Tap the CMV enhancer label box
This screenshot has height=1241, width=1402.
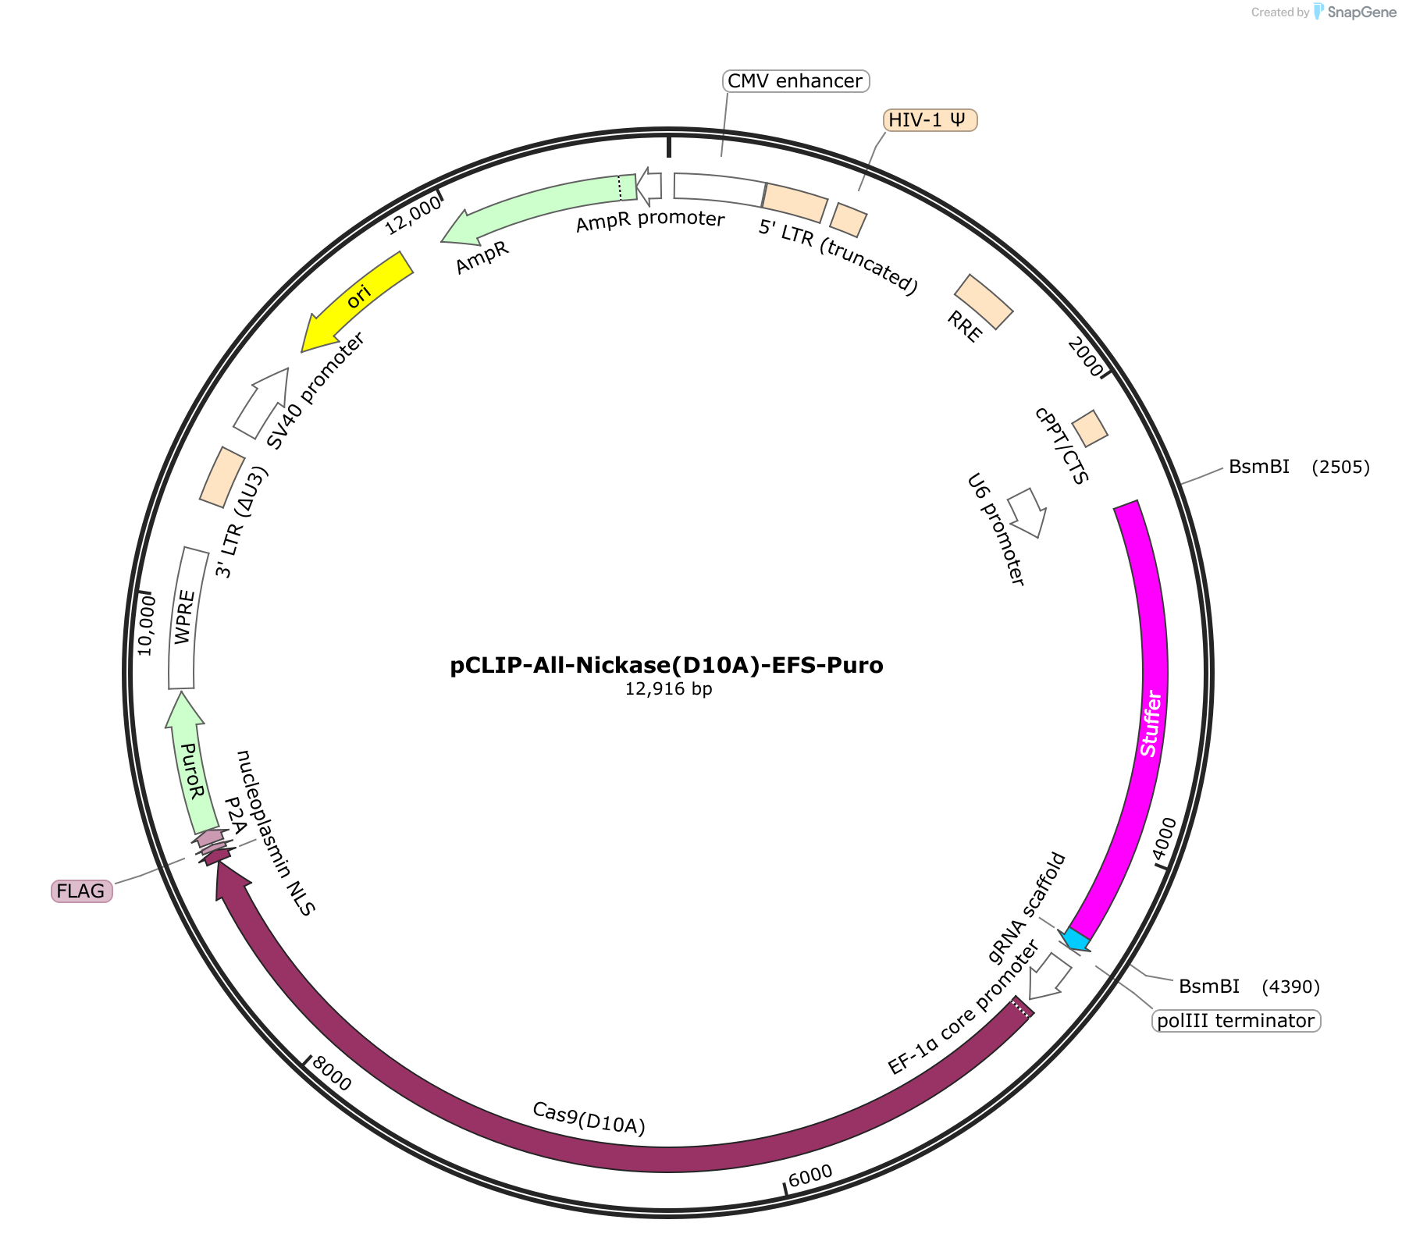click(x=795, y=81)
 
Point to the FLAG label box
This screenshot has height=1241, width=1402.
click(x=81, y=891)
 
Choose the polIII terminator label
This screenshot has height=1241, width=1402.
click(x=1236, y=1020)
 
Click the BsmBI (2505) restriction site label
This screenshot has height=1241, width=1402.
click(x=1299, y=467)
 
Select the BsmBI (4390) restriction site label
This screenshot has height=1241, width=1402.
click(x=1249, y=987)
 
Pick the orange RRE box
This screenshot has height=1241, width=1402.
click(x=984, y=301)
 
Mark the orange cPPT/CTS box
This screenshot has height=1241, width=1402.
click(x=1090, y=428)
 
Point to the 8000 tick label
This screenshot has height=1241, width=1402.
click(x=332, y=1074)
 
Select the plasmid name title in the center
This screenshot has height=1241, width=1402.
click(x=667, y=666)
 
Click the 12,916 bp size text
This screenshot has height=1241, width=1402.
click(x=668, y=689)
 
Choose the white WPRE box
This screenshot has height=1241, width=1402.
click(x=184, y=617)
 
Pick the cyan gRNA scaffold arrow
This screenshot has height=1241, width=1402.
click(x=1075, y=940)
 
